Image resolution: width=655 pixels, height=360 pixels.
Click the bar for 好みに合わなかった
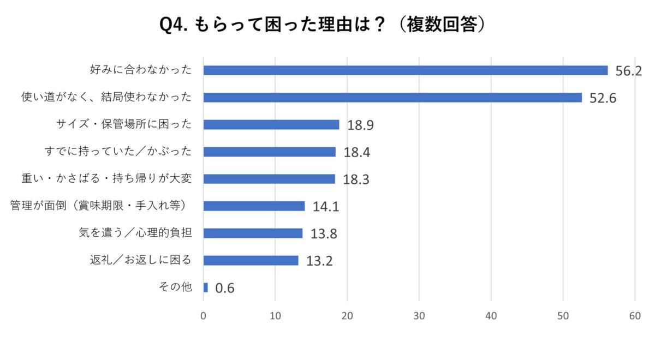pyautogui.click(x=405, y=70)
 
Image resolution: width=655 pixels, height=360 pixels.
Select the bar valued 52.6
pyautogui.click(x=392, y=98)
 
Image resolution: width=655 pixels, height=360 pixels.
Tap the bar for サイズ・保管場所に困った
pyautogui.click(x=271, y=125)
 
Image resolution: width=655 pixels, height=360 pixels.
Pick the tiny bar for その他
pyautogui.click(x=206, y=287)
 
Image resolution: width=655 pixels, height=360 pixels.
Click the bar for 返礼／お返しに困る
pyautogui.click(x=251, y=261)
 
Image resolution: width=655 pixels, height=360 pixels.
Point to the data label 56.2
pyautogui.click(x=628, y=71)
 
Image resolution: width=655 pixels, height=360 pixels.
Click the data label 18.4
pyautogui.click(x=357, y=153)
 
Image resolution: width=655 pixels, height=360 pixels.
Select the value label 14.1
pyautogui.click(x=326, y=207)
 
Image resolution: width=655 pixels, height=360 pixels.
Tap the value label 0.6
pyautogui.click(x=225, y=288)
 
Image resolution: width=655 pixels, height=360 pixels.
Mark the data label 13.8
pyautogui.click(x=324, y=234)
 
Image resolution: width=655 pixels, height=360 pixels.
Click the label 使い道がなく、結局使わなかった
pyautogui.click(x=106, y=98)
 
